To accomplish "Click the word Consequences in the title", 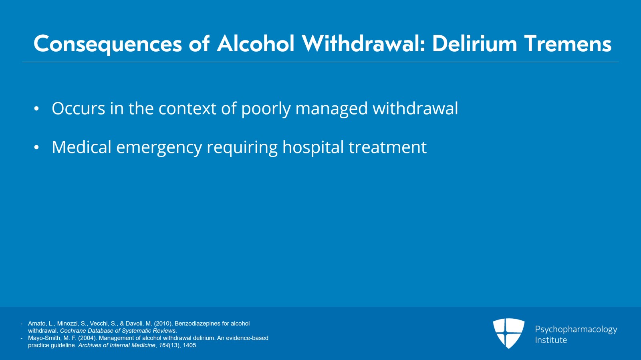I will pyautogui.click(x=107, y=44).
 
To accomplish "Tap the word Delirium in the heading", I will pyautogui.click(x=474, y=44).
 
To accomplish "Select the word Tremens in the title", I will pyautogui.click(x=567, y=44).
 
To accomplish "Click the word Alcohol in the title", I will pyautogui.click(x=256, y=44).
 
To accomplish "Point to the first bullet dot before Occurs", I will pyautogui.click(x=36, y=109).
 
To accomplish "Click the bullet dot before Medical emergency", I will pyautogui.click(x=36, y=148).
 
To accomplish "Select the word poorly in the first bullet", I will pyautogui.click(x=266, y=109).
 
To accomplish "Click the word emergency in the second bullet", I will pyautogui.click(x=159, y=148).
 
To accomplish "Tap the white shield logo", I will pyautogui.click(x=508, y=333).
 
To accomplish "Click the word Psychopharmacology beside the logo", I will pyautogui.click(x=576, y=330).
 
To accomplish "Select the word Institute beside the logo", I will pyautogui.click(x=551, y=340).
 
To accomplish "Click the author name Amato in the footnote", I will pyautogui.click(x=37, y=324).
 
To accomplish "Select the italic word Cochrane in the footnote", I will pyautogui.click(x=73, y=331).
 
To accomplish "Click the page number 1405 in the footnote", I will pyautogui.click(x=190, y=345).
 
